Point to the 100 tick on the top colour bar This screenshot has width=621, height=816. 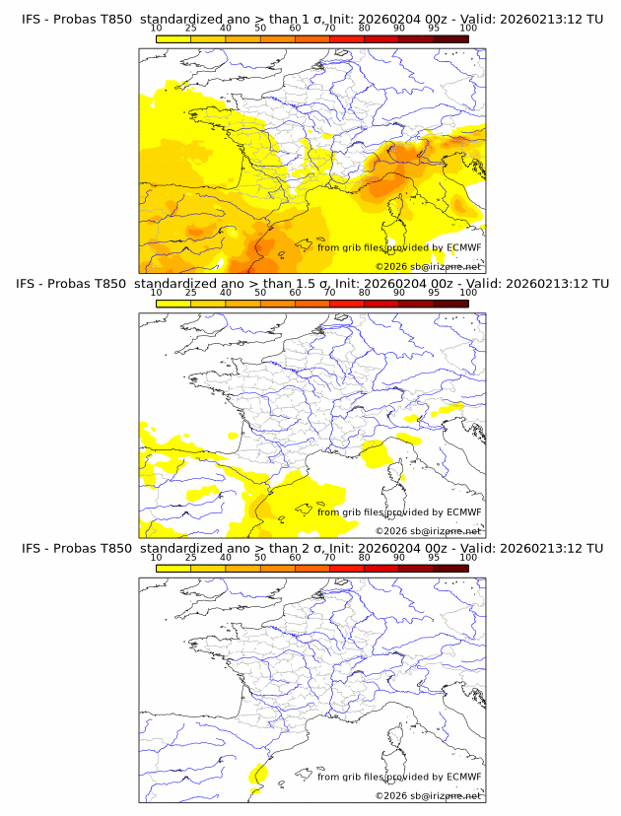pos(468,29)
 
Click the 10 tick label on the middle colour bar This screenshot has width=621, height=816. pos(156,293)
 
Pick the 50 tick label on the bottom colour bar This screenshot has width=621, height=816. pos(260,558)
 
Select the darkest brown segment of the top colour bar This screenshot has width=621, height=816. pos(451,38)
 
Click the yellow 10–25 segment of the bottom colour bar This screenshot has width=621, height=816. pos(173,568)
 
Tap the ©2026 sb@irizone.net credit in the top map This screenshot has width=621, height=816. pos(429,267)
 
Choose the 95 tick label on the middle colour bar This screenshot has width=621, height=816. pos(434,293)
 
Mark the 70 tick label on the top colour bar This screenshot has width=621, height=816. pos(329,29)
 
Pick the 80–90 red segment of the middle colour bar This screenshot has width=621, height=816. pos(381,304)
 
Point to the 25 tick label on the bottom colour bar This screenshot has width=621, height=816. pos(190,558)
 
